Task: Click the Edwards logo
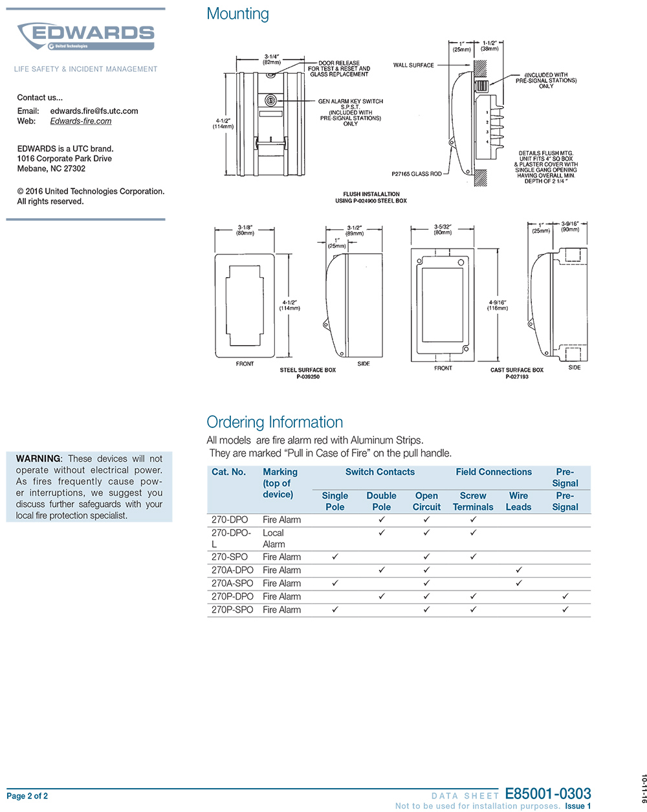(86, 36)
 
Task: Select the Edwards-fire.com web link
(81, 121)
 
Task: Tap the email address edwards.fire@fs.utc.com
(94, 111)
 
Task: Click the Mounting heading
(237, 14)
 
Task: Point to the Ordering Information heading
(274, 422)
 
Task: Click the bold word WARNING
(38, 458)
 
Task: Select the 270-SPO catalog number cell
(230, 557)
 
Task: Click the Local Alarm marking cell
(274, 539)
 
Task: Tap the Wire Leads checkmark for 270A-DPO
(519, 570)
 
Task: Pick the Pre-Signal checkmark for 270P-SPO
(565, 609)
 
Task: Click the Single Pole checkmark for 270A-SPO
(334, 583)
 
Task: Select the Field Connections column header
(494, 471)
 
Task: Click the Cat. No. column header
(228, 471)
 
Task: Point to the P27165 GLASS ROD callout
(416, 174)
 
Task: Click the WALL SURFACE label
(413, 65)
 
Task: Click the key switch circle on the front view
(270, 100)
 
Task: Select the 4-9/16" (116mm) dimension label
(498, 305)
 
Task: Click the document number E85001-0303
(548, 793)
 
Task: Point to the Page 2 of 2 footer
(27, 796)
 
